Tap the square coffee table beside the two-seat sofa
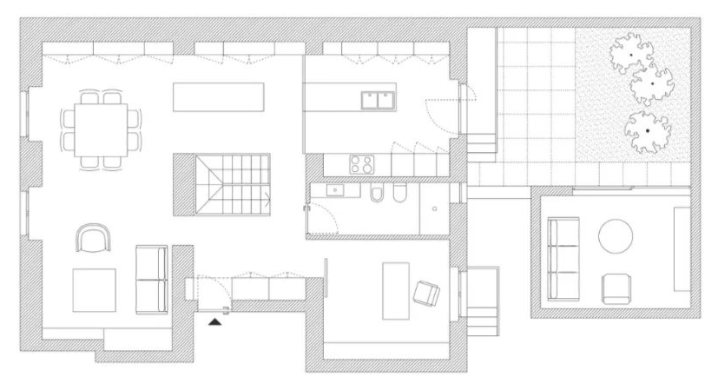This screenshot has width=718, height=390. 94,290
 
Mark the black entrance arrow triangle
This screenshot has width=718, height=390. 215,322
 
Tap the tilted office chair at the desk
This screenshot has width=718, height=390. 427,294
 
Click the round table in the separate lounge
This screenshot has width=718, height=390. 616,235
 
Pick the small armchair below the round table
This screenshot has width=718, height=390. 616,288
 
